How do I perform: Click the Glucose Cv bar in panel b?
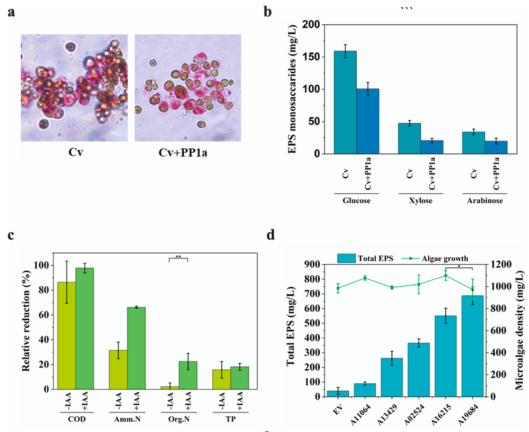coord(345,103)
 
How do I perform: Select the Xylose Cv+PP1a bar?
coord(432,148)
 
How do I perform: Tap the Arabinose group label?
coord(485,201)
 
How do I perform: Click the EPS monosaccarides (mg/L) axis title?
coord(292,89)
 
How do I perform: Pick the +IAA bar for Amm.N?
coord(136,348)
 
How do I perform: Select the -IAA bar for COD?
coord(66,336)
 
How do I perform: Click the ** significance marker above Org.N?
coord(178,257)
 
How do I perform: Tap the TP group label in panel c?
coord(231,419)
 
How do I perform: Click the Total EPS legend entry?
coord(365,258)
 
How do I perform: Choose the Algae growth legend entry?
coord(435,258)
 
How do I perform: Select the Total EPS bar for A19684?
coord(472,346)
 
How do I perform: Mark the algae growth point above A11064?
coord(365,278)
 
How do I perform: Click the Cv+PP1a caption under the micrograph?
coord(183,153)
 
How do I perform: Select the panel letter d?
coord(270,235)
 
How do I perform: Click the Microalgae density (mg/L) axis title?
coord(520,330)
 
